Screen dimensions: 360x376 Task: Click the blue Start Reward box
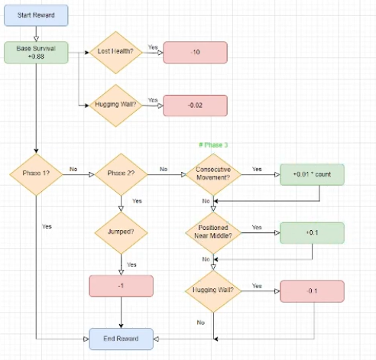pyautogui.click(x=35, y=15)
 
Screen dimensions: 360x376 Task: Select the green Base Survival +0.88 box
pyautogui.click(x=35, y=52)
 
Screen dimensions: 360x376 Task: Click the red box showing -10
pyautogui.click(x=195, y=52)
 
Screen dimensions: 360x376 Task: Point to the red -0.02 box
pyautogui.click(x=195, y=105)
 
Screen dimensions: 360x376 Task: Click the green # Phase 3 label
pyautogui.click(x=212, y=145)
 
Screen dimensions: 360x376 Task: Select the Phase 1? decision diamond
pyautogui.click(x=35, y=174)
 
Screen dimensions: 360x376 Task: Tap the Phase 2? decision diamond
pyautogui.click(x=121, y=174)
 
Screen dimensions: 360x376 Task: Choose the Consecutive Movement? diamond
pyautogui.click(x=213, y=174)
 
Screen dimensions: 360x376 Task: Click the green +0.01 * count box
pyautogui.click(x=312, y=174)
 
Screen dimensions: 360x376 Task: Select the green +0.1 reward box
pyautogui.click(x=312, y=232)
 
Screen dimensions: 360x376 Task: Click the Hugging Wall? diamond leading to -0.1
pyautogui.click(x=213, y=290)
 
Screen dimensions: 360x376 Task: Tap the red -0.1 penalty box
pyautogui.click(x=312, y=290)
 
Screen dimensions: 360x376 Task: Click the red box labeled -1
pyautogui.click(x=121, y=285)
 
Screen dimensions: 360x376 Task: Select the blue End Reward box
pyautogui.click(x=121, y=338)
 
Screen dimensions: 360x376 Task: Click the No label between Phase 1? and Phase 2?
pyautogui.click(x=73, y=169)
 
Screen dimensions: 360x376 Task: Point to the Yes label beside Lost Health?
pyautogui.click(x=152, y=47)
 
